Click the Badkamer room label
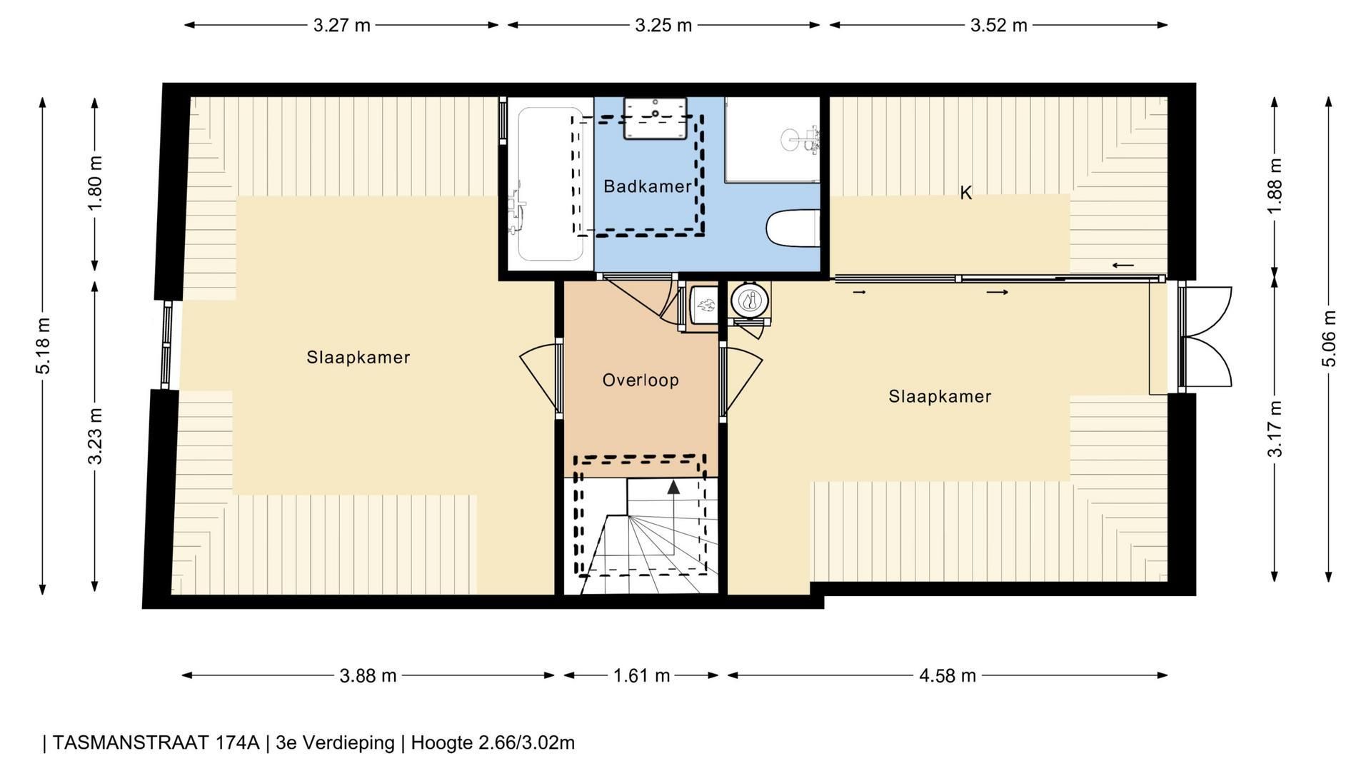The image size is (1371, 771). pos(647,186)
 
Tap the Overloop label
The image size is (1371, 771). pos(641,380)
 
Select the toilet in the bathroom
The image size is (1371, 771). pos(792,228)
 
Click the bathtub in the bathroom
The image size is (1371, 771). pos(551,183)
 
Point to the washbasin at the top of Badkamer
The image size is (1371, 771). pos(655,119)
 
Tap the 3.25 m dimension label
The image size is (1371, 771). pos(663,26)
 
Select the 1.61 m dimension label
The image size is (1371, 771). pos(641,675)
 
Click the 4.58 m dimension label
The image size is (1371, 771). pos(947,675)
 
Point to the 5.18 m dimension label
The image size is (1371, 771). pos(43,345)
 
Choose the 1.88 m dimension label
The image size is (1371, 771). pos(1275,185)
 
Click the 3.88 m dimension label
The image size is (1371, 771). pos(368,675)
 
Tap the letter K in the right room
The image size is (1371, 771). pos(965,193)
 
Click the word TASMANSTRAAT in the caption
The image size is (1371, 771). pos(156,743)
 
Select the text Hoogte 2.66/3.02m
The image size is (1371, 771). pos(493,743)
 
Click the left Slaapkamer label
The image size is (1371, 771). pos(358,357)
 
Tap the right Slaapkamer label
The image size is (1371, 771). pos(940,396)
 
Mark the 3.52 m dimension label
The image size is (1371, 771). pos(998,26)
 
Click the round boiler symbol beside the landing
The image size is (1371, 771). pos(750,300)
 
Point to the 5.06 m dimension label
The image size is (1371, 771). pos(1329,338)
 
